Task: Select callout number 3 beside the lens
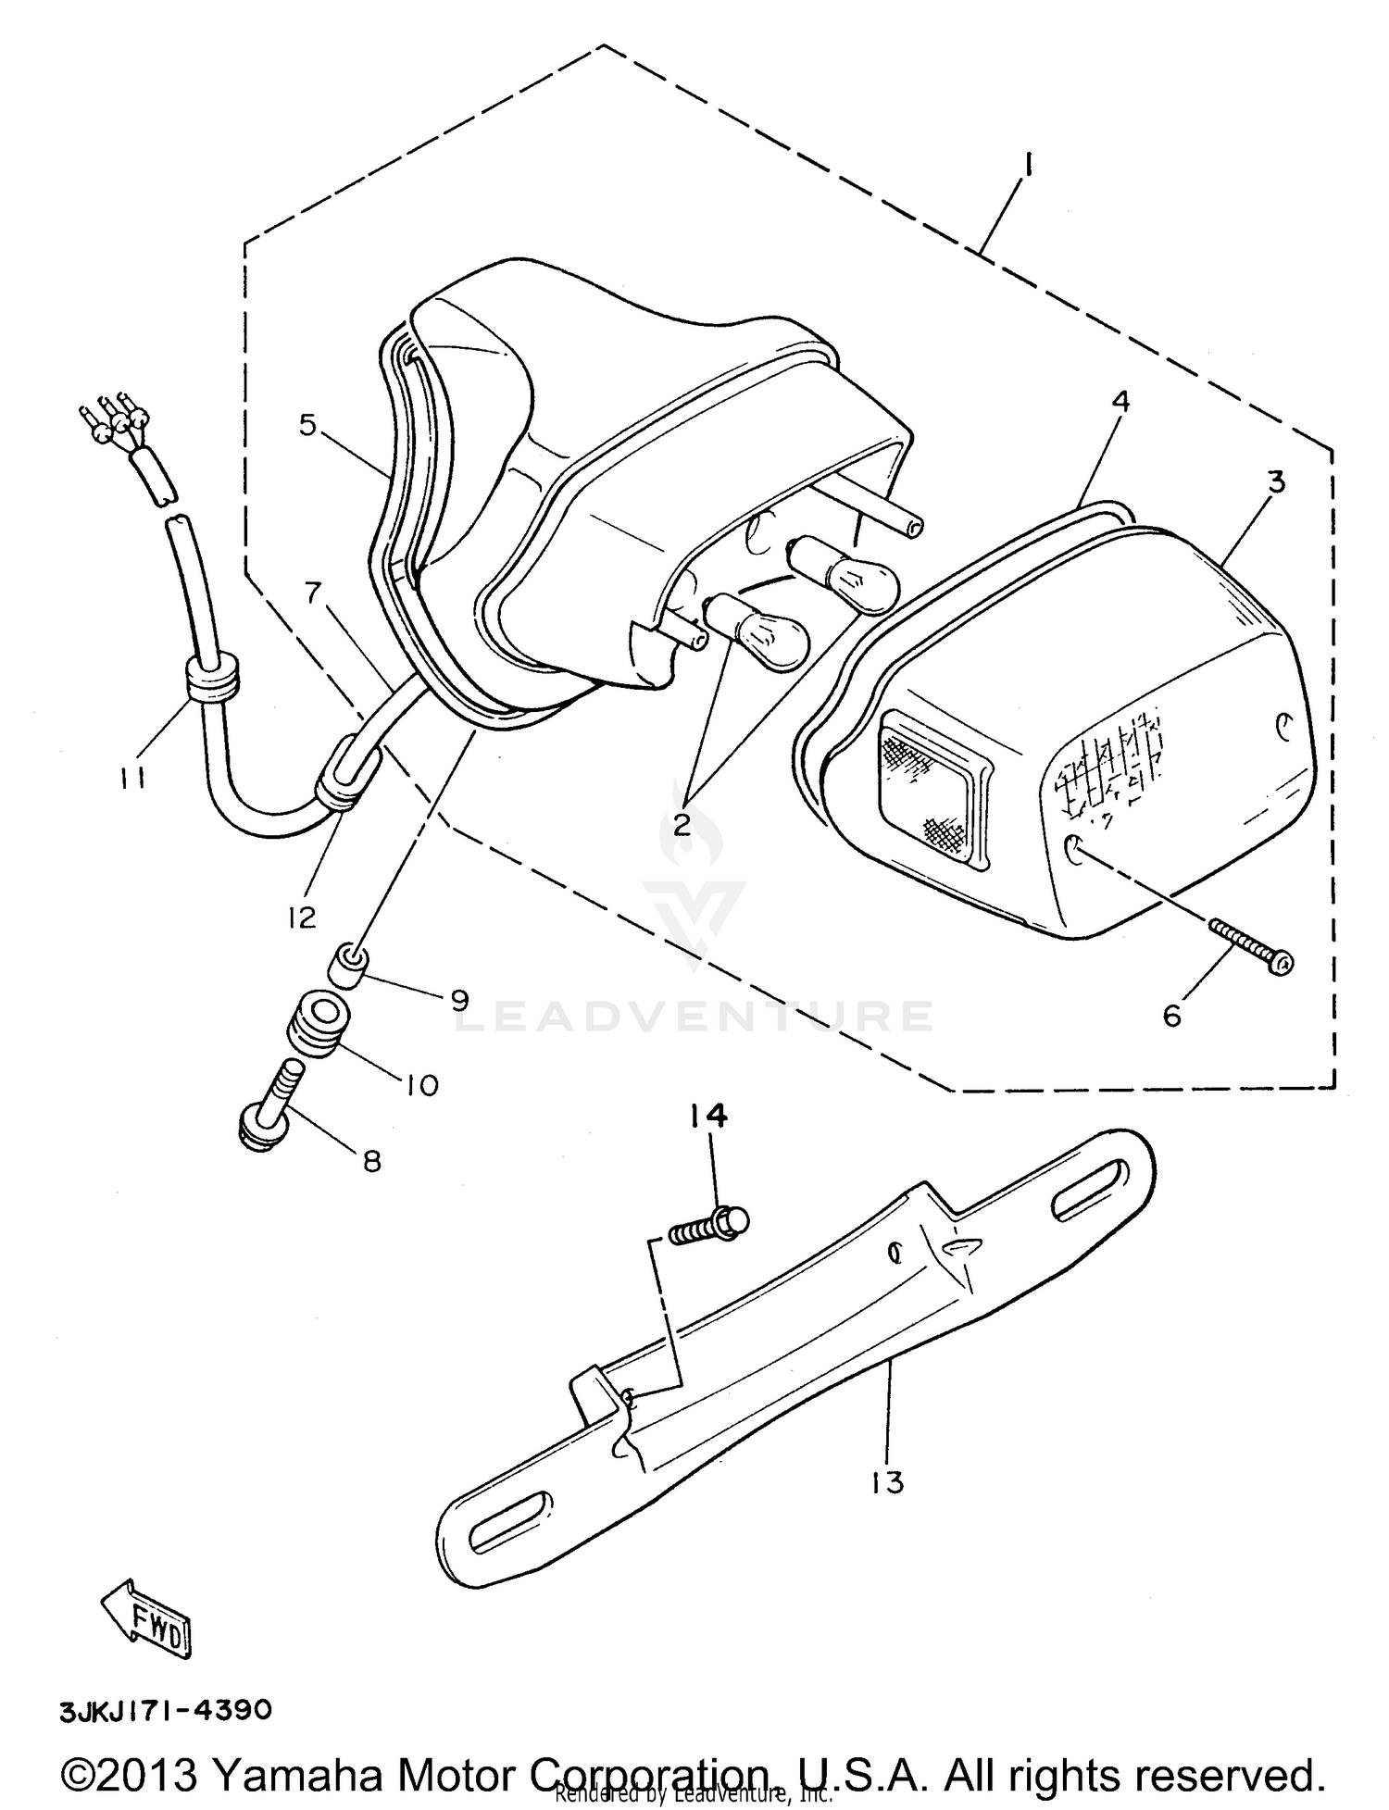[1276, 481]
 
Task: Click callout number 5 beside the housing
[308, 425]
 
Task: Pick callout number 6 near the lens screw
[1172, 1017]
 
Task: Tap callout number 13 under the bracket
[886, 1482]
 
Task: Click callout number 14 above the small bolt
[707, 1117]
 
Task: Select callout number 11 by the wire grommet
[131, 780]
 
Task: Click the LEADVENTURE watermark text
[694, 1017]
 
